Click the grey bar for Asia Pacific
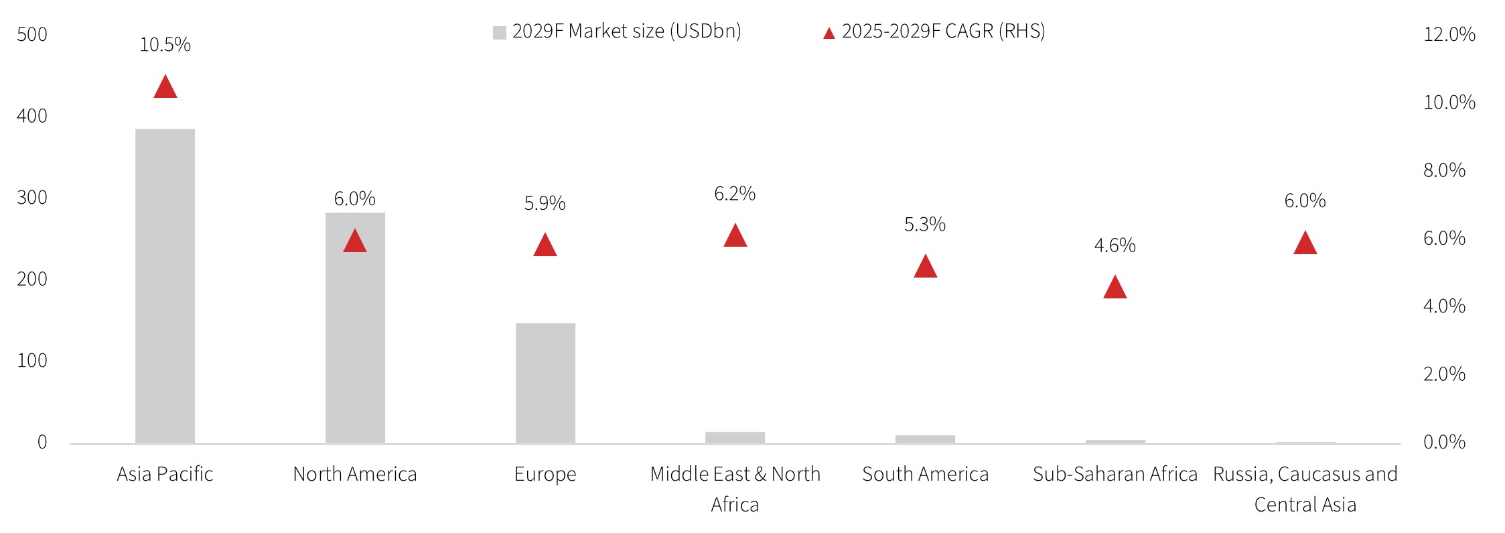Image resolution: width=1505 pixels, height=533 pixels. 165,286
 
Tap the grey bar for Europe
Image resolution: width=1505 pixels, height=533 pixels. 545,383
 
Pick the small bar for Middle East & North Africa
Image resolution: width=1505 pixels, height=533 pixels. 735,437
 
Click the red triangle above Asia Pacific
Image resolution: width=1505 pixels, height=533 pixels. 165,88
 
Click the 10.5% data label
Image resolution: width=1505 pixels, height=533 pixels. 165,45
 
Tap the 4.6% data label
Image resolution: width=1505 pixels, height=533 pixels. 1115,245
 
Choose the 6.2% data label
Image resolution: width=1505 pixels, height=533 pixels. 735,194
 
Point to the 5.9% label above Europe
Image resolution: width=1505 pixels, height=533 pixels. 545,203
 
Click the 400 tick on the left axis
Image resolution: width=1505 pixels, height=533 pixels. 32,116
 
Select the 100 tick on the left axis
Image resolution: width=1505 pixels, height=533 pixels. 32,361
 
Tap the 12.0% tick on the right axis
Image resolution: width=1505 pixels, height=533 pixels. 1449,34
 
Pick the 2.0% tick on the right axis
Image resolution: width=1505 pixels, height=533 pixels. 1444,374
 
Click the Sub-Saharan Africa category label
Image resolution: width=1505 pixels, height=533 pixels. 1115,474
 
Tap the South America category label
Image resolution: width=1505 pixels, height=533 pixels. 925,474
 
